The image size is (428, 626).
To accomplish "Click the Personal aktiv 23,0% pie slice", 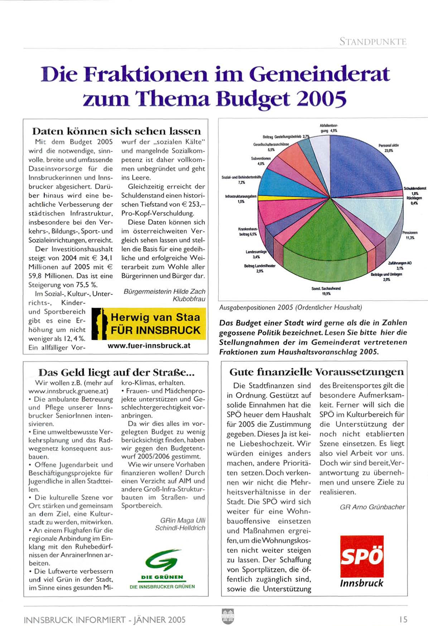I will pyautogui.click(x=362, y=161).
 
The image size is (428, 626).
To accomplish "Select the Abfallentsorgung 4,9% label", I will pyautogui.click(x=329, y=128).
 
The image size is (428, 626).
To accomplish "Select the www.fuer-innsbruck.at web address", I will pyautogui.click(x=149, y=346).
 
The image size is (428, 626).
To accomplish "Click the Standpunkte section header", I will pyautogui.click(x=372, y=42).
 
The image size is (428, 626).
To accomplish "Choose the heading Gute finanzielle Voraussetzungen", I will pyautogui.click(x=316, y=372).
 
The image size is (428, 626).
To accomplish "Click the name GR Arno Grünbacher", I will pyautogui.click(x=372, y=507).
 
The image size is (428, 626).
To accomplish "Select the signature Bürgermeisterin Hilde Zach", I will pyautogui.click(x=164, y=291).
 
